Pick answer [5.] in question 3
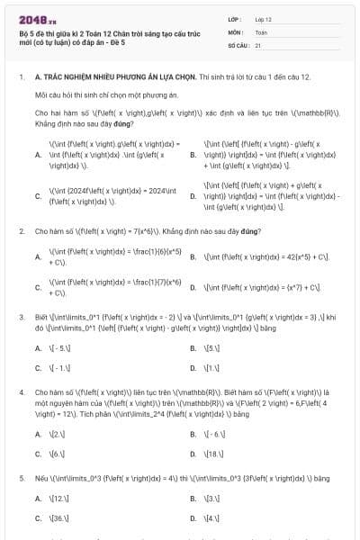(x=212, y=346)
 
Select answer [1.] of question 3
(x=212, y=367)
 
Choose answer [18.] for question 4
(x=214, y=454)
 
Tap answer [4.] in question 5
(x=212, y=518)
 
